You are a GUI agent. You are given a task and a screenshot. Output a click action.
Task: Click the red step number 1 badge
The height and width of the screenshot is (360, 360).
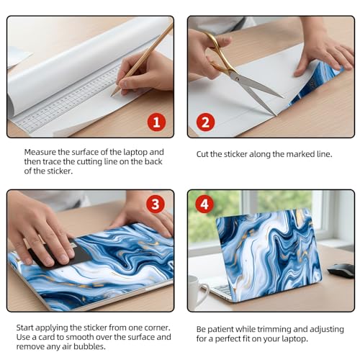[156, 122]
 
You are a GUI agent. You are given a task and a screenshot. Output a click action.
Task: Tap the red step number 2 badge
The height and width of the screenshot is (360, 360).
[205, 122]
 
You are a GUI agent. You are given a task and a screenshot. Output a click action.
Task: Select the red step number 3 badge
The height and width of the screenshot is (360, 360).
[156, 204]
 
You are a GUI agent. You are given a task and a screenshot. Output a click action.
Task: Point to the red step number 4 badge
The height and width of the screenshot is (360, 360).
[204, 204]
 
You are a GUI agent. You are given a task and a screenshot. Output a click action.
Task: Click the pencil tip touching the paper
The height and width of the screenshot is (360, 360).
[112, 96]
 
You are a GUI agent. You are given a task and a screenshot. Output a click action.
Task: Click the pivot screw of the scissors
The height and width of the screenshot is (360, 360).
[237, 78]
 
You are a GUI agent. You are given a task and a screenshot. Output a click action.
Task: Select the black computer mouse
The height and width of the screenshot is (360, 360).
[341, 271]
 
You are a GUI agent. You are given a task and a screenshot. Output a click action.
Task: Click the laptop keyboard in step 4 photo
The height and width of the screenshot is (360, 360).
[222, 289]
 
